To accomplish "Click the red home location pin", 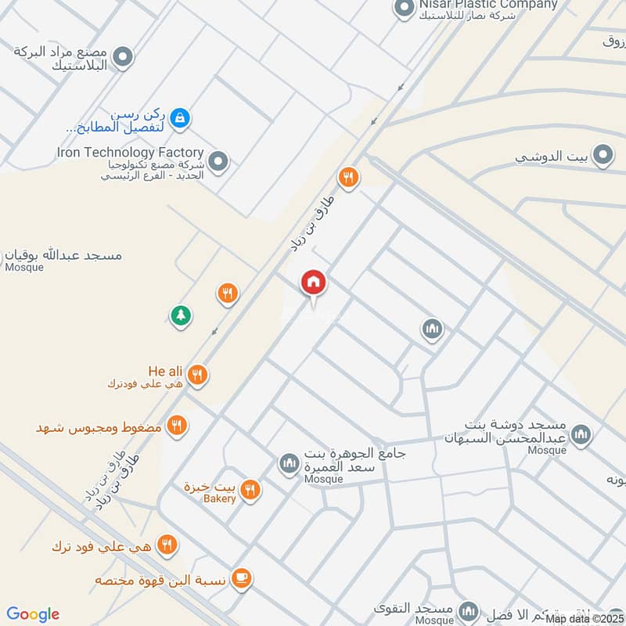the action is click(314, 282).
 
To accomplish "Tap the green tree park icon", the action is click(181, 315).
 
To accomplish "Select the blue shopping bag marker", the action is click(180, 119).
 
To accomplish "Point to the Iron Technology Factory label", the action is click(130, 153).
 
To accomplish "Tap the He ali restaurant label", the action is click(164, 371).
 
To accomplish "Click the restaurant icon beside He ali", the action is click(198, 375).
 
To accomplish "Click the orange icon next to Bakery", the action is click(250, 490).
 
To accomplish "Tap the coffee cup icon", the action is click(242, 579).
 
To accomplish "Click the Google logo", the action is click(32, 614).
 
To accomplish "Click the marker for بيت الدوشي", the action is click(603, 156).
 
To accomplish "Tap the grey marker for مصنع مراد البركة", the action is click(122, 56).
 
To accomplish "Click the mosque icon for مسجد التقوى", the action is click(468, 610).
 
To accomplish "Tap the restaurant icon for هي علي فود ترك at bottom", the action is click(167, 545).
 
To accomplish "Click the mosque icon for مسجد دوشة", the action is click(581, 435).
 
